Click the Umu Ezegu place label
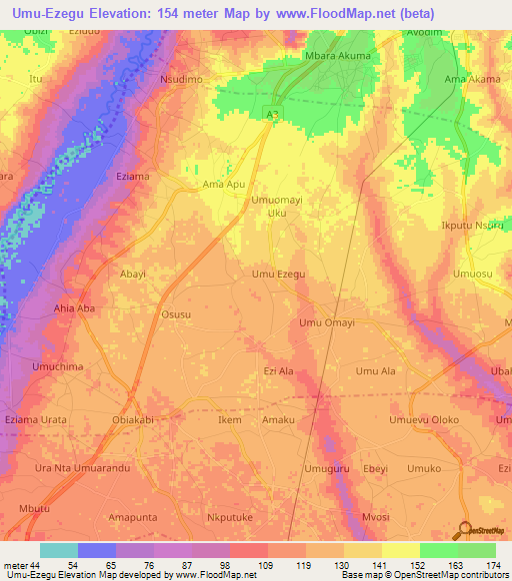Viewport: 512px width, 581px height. [278, 274]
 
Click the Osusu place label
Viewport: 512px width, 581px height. [176, 313]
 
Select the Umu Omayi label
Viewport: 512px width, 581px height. [327, 322]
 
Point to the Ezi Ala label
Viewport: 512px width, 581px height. [278, 371]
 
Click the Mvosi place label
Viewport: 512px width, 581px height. [375, 517]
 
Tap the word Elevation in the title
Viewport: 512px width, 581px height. [115, 13]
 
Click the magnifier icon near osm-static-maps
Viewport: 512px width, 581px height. [466, 530]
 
